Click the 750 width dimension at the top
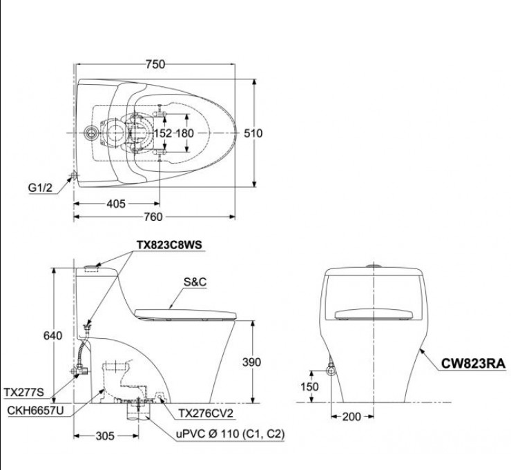[155, 64]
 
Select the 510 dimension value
[254, 133]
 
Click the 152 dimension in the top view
[163, 133]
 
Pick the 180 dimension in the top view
[186, 133]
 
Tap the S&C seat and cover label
[196, 283]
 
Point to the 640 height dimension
[52, 336]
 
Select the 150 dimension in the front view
[310, 387]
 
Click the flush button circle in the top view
[89, 133]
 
